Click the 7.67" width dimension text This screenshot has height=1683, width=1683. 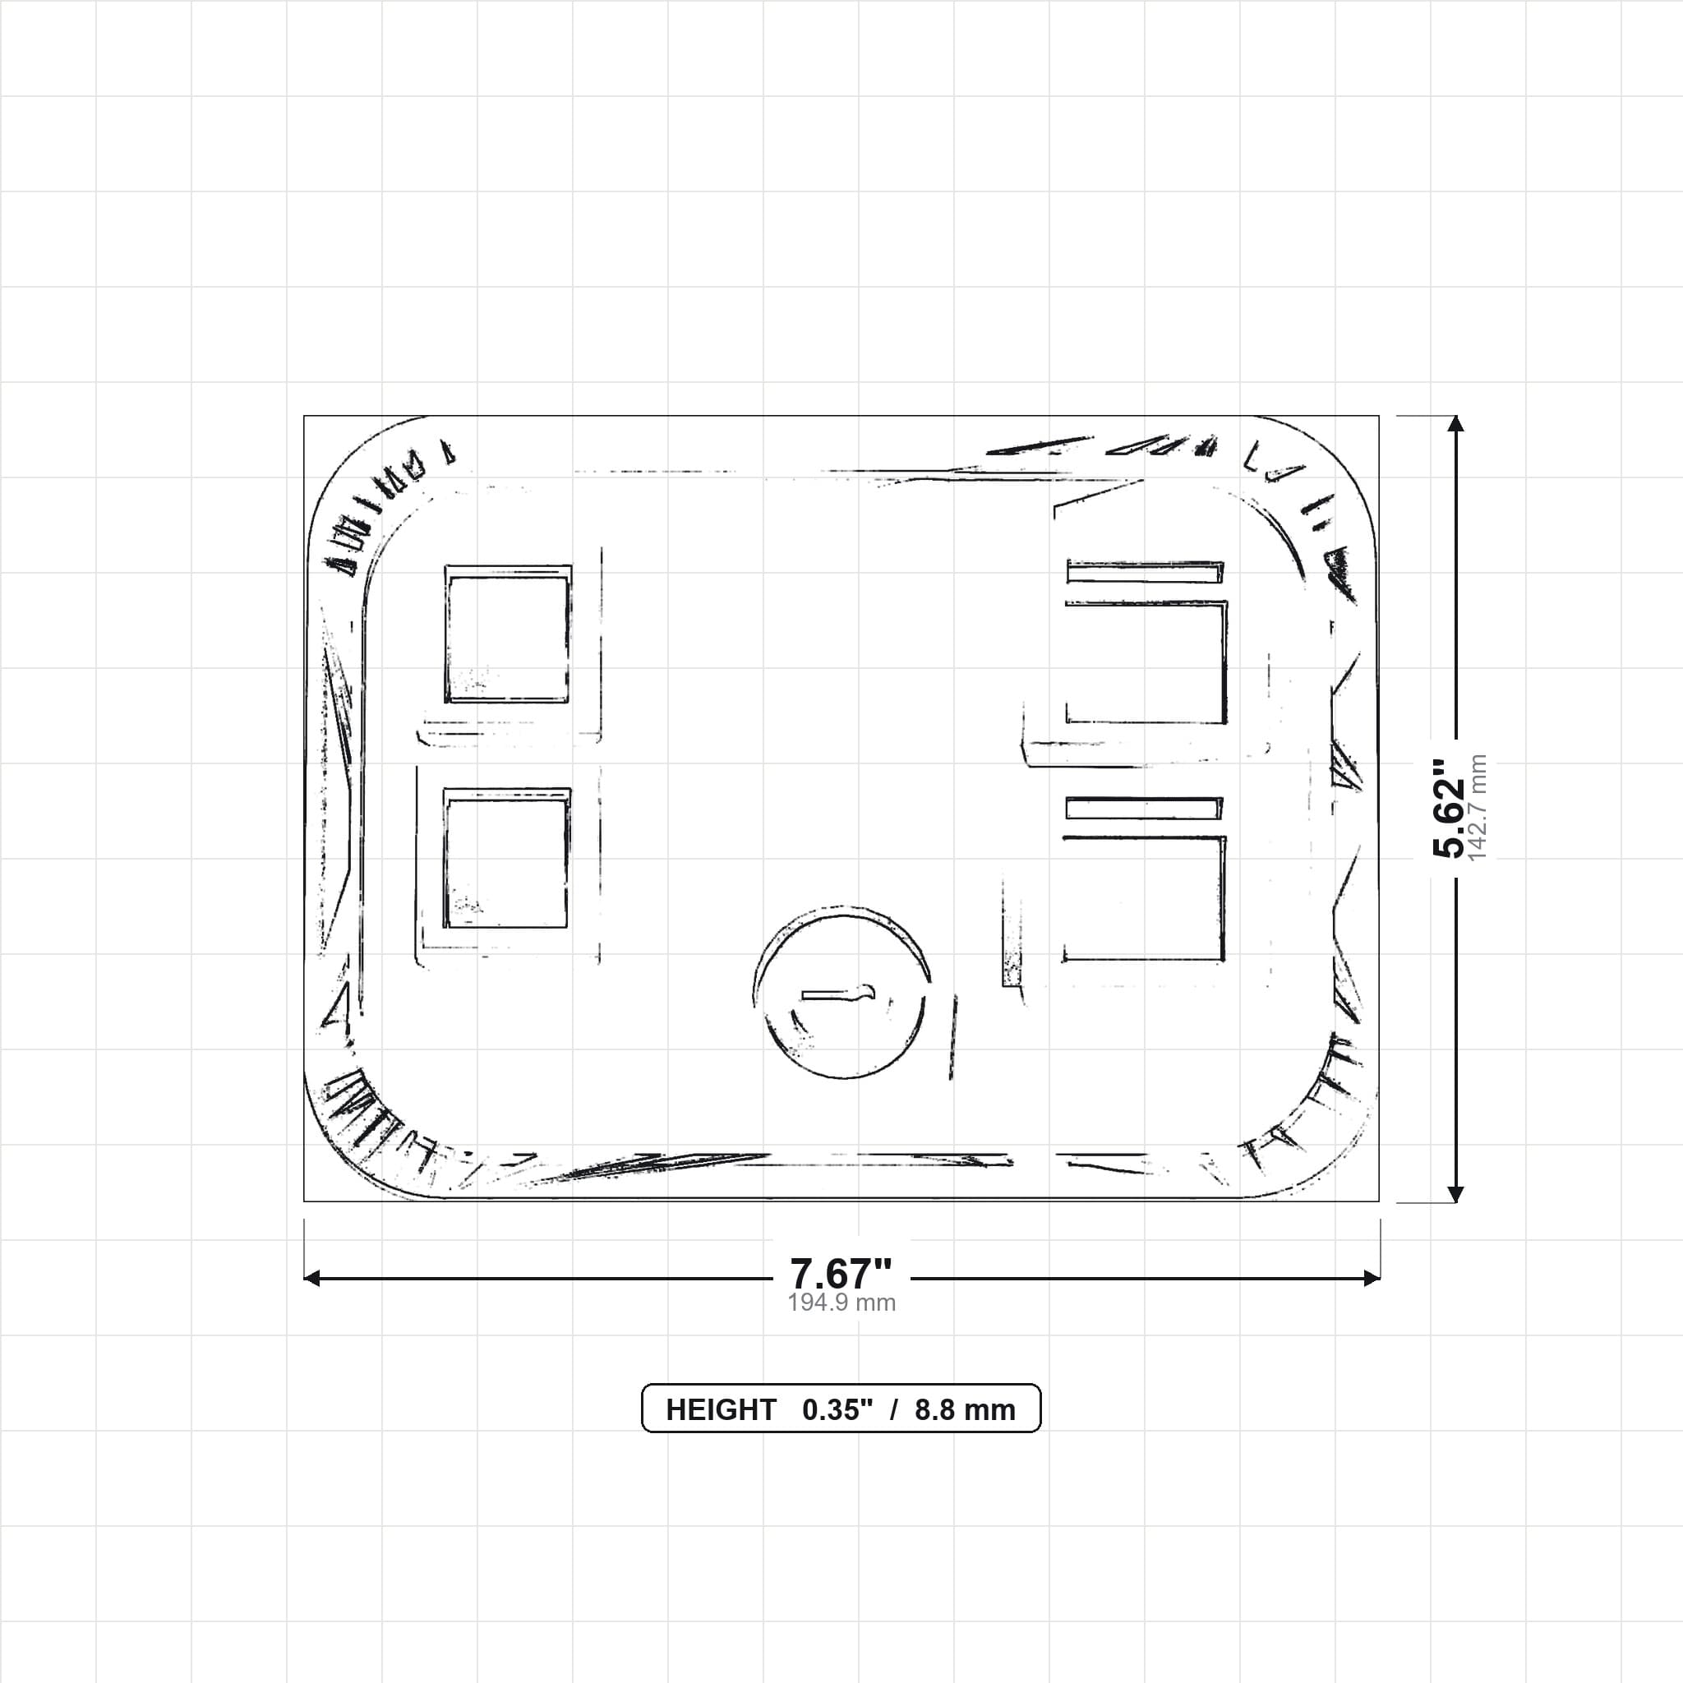[x=841, y=1274]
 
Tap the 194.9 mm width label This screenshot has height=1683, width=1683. [x=841, y=1303]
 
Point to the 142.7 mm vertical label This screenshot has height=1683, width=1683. [x=1478, y=808]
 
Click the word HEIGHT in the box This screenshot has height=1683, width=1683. [x=721, y=1409]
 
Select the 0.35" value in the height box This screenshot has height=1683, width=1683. [x=837, y=1409]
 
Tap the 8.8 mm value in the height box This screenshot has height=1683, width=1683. [x=966, y=1409]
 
